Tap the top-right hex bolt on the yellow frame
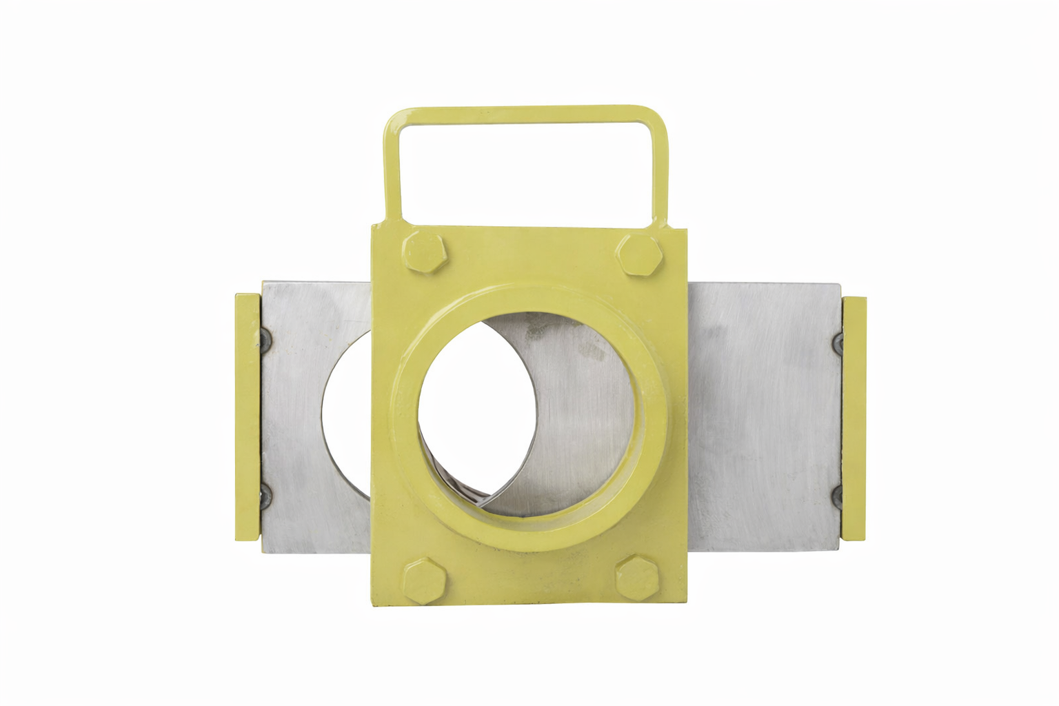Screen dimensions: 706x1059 coord(640,254)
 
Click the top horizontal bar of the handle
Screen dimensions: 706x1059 coord(524,114)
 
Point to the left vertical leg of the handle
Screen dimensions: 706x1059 coord(393,172)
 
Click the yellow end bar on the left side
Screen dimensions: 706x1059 coord(248,417)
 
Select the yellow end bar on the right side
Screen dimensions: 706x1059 coord(854,418)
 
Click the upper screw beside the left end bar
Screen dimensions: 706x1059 coord(263,337)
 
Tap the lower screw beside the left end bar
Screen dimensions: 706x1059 coord(264,495)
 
